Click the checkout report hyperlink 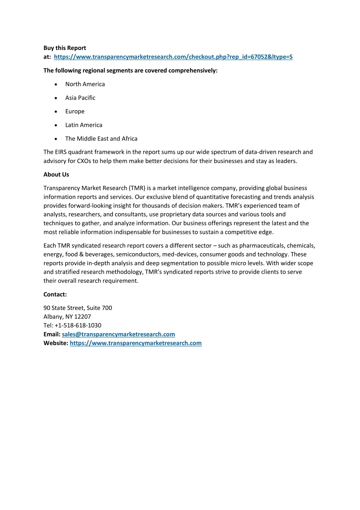pyautogui.click(x=173, y=57)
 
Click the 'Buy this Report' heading pyautogui.click(x=65, y=48)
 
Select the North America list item pyautogui.click(x=85, y=84)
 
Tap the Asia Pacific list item pyautogui.click(x=80, y=98)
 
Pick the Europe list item pyautogui.click(x=75, y=111)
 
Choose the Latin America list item pyautogui.click(x=84, y=125)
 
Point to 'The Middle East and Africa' pyautogui.click(x=101, y=139)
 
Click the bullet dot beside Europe pyautogui.click(x=56, y=112)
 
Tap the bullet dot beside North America pyautogui.click(x=56, y=85)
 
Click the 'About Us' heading pyautogui.click(x=56, y=175)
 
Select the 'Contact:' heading pyautogui.click(x=55, y=294)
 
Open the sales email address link pyautogui.click(x=118, y=334)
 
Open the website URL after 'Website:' pyautogui.click(x=135, y=343)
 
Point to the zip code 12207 pyautogui.click(x=82, y=317)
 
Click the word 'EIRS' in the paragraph pyautogui.click(x=61, y=152)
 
